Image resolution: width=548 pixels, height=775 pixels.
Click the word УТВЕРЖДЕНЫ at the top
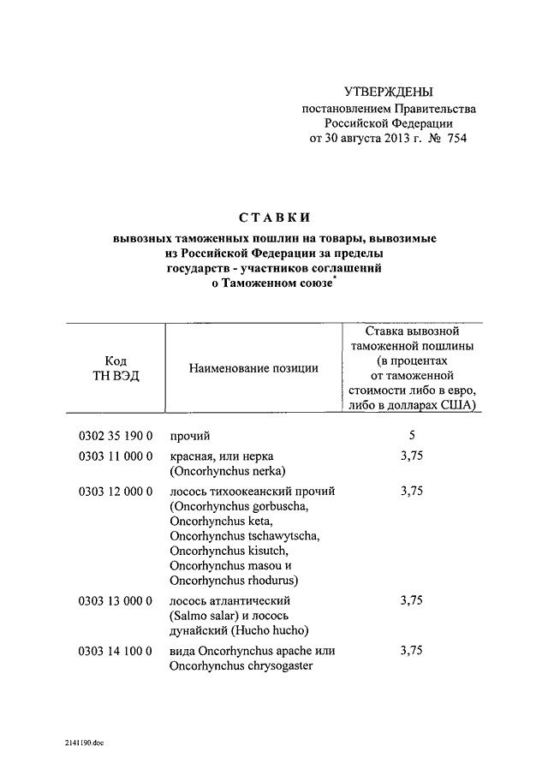pos(388,92)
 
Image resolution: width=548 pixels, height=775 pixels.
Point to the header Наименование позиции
pos(254,368)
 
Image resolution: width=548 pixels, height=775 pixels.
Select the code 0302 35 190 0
pos(116,435)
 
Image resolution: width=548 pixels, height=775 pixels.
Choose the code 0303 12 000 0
pos(116,492)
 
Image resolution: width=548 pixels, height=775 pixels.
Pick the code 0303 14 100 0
pos(116,651)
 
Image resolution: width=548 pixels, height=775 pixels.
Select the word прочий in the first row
pos(190,435)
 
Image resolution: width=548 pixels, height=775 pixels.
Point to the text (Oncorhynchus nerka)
pos(227,471)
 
